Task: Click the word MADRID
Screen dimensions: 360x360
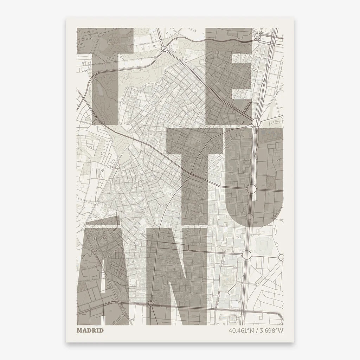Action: [x=90, y=330]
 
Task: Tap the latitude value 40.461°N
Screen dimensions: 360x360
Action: [x=240, y=330]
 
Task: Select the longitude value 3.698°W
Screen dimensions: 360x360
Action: [x=270, y=330]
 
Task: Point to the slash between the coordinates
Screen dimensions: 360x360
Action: [x=255, y=330]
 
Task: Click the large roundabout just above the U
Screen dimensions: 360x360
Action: [x=256, y=123]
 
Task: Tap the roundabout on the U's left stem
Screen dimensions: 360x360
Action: [x=251, y=189]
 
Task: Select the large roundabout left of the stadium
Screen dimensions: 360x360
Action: [x=246, y=254]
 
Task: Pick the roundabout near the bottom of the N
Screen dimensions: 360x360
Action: [x=150, y=303]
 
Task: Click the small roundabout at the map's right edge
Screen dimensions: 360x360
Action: [x=281, y=257]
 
